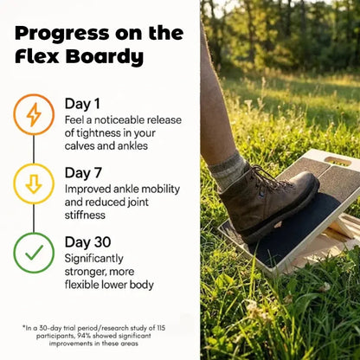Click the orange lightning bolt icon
[34, 114]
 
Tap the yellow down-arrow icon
[34, 183]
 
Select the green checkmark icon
[34, 253]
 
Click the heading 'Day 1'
[84, 104]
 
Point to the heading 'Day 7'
[84, 172]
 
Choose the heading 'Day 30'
[88, 241]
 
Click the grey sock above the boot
[229, 170]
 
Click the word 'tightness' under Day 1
[89, 132]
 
